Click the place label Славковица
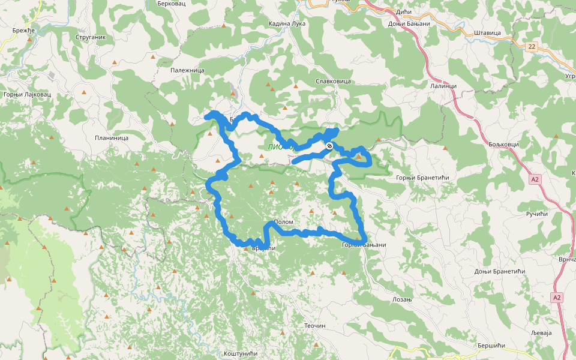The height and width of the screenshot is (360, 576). click(x=333, y=81)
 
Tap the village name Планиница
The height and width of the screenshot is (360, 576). click(x=112, y=138)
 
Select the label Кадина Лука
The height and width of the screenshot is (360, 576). click(x=287, y=23)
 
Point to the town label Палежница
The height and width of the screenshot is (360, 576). click(x=187, y=70)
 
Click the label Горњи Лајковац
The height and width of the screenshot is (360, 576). click(x=27, y=94)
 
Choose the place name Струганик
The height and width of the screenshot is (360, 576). click(x=91, y=37)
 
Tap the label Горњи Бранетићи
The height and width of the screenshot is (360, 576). click(x=422, y=178)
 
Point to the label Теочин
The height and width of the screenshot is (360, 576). click(x=314, y=326)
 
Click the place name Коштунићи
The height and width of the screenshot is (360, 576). click(x=240, y=354)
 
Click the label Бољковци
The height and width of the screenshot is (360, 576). click(x=502, y=145)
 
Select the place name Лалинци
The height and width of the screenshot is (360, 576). click(x=443, y=86)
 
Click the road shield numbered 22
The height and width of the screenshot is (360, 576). click(x=532, y=46)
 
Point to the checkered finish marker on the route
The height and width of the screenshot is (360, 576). click(x=329, y=146)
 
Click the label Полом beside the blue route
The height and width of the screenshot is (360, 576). click(x=283, y=222)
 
